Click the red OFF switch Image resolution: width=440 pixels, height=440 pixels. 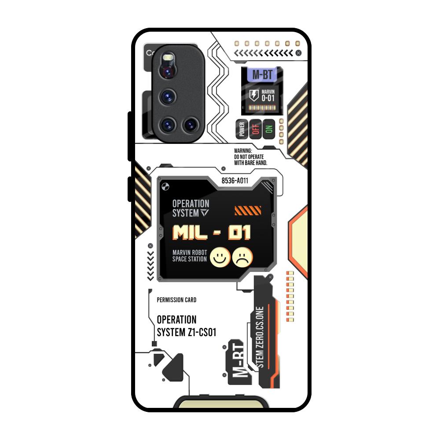coord(255,129)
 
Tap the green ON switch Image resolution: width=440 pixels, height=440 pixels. coord(269,129)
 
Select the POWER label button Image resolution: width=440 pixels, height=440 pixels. coord(241,129)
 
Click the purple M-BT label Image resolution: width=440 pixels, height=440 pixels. coord(261,75)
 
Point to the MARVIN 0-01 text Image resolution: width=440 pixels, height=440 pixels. coord(268,95)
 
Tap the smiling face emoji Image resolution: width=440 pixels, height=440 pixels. coord(220,257)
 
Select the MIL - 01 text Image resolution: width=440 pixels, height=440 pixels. coord(212,232)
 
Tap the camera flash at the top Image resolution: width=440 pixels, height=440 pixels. coord(168,58)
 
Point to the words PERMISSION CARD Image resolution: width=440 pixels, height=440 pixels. coord(176,300)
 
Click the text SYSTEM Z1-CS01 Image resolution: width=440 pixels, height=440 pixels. coord(187,332)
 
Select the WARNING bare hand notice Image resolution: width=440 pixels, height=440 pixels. coord(251,157)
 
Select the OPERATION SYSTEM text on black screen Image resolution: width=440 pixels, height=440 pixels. coord(191,208)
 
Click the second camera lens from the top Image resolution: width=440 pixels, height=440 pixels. coord(169,97)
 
